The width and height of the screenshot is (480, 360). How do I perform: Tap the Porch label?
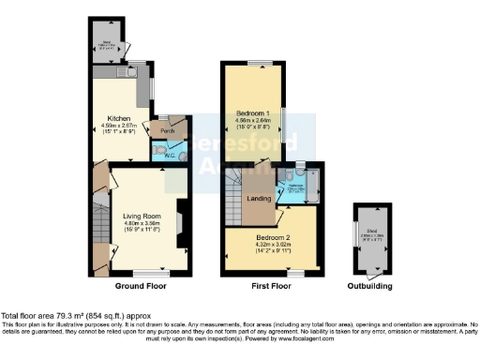pyautogui.click(x=168, y=130)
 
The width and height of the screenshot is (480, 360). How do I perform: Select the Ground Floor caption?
pyautogui.click(x=142, y=285)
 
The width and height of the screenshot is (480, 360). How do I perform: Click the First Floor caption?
pyautogui.click(x=271, y=285)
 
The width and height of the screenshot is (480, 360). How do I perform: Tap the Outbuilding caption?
pyautogui.click(x=370, y=285)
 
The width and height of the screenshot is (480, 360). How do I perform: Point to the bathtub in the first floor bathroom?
pyautogui.click(x=312, y=187)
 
